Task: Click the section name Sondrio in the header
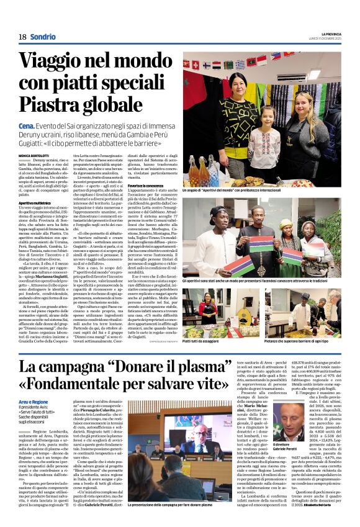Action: tap(43, 37)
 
